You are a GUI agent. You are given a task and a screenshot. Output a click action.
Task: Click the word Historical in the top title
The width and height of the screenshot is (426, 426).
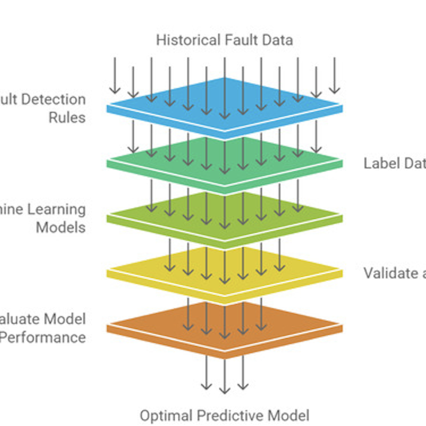click(183, 40)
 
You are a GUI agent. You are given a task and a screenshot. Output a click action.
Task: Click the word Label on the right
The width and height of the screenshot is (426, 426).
click(381, 163)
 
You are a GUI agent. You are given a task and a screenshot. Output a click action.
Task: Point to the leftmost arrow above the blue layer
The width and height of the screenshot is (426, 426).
click(115, 75)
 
